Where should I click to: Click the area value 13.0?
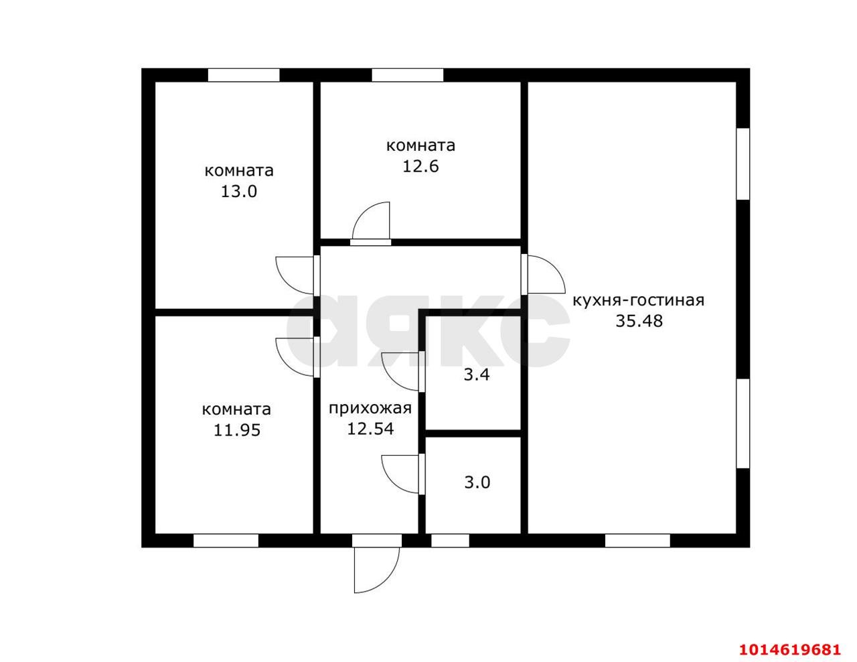(238, 192)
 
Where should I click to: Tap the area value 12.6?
(420, 166)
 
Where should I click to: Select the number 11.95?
(236, 430)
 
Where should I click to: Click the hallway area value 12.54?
(370, 429)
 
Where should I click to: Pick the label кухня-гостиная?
(638, 301)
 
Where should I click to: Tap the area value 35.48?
(639, 321)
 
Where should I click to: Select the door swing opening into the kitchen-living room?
(556, 267)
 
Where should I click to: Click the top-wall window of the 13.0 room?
(244, 75)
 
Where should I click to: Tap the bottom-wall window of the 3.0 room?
(450, 541)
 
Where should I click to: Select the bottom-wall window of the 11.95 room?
(226, 541)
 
